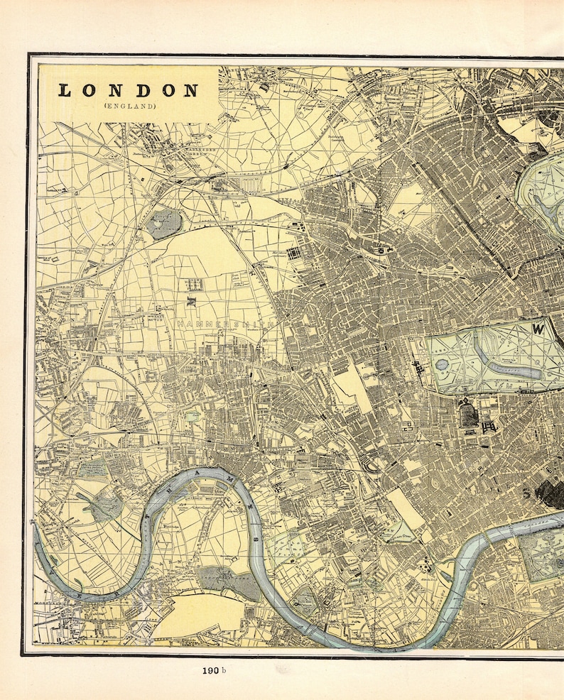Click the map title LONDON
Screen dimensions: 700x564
click(x=129, y=91)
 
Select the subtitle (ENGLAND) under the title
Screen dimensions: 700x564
click(x=129, y=106)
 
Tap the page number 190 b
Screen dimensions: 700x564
click(x=212, y=670)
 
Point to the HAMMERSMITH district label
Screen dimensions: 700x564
click(x=224, y=324)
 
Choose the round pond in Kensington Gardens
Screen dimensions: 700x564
click(x=443, y=364)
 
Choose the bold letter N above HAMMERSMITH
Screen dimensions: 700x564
click(x=190, y=300)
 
